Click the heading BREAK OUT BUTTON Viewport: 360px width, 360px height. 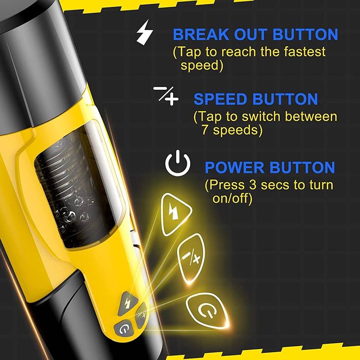coord(255,35)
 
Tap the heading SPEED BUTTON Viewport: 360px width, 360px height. coord(256,99)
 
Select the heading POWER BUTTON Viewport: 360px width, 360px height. coord(270,168)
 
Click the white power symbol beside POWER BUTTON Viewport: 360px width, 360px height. coord(178,164)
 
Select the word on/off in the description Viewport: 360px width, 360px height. coord(232,199)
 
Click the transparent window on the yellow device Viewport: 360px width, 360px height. coord(77,187)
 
